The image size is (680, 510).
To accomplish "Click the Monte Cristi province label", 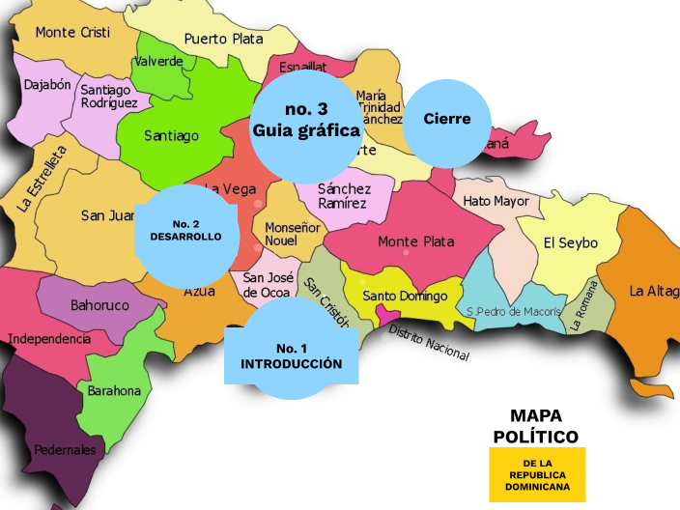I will (72, 32).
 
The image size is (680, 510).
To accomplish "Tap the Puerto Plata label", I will (223, 39).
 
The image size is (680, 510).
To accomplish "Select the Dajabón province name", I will (47, 85).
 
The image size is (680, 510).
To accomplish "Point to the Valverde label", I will (158, 61).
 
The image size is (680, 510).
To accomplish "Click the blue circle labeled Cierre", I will (447, 119).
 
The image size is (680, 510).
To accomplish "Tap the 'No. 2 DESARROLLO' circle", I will (185, 231).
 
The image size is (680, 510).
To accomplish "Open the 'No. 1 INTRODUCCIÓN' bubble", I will (291, 355).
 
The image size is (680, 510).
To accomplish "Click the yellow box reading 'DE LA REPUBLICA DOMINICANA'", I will (537, 474).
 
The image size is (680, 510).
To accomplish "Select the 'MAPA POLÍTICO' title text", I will (536, 426).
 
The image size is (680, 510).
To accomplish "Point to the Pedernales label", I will (65, 450).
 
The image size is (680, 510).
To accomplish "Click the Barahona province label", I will (114, 391).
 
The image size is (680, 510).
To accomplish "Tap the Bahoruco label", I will (99, 305).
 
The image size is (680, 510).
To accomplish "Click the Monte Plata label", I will (415, 241).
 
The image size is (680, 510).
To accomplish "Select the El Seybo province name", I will (570, 242).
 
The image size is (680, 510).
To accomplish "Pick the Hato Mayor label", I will (496, 202).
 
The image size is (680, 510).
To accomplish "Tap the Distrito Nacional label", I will (428, 343).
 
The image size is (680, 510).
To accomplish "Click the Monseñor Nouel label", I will (293, 233).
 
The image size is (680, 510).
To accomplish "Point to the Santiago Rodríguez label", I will (109, 96).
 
